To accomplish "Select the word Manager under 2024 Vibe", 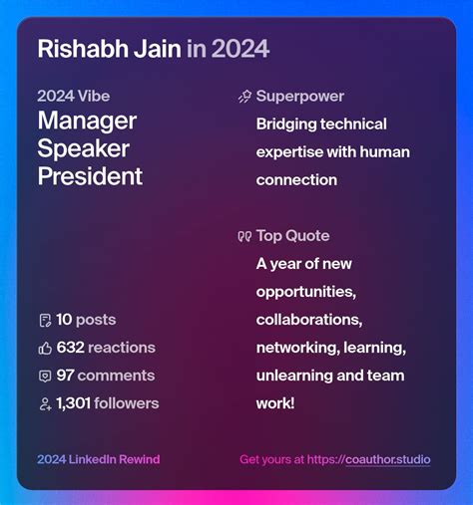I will point(87,122).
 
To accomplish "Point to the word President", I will point(90,177).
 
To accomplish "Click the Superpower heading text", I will point(299,97).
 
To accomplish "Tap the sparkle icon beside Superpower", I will point(244,97).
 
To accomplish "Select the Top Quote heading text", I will point(292,236).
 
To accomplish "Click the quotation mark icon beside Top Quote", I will point(244,237).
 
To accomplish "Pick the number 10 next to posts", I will point(64,320).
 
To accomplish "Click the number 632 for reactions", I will point(70,348).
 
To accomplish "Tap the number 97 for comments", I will point(65,376).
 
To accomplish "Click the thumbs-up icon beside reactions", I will point(45,349).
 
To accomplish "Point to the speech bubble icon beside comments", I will point(45,377).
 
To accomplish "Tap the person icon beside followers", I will point(45,404).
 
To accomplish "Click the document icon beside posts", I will point(45,321).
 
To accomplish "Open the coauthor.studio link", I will point(388,460).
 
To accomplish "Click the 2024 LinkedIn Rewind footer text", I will point(98,460).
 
